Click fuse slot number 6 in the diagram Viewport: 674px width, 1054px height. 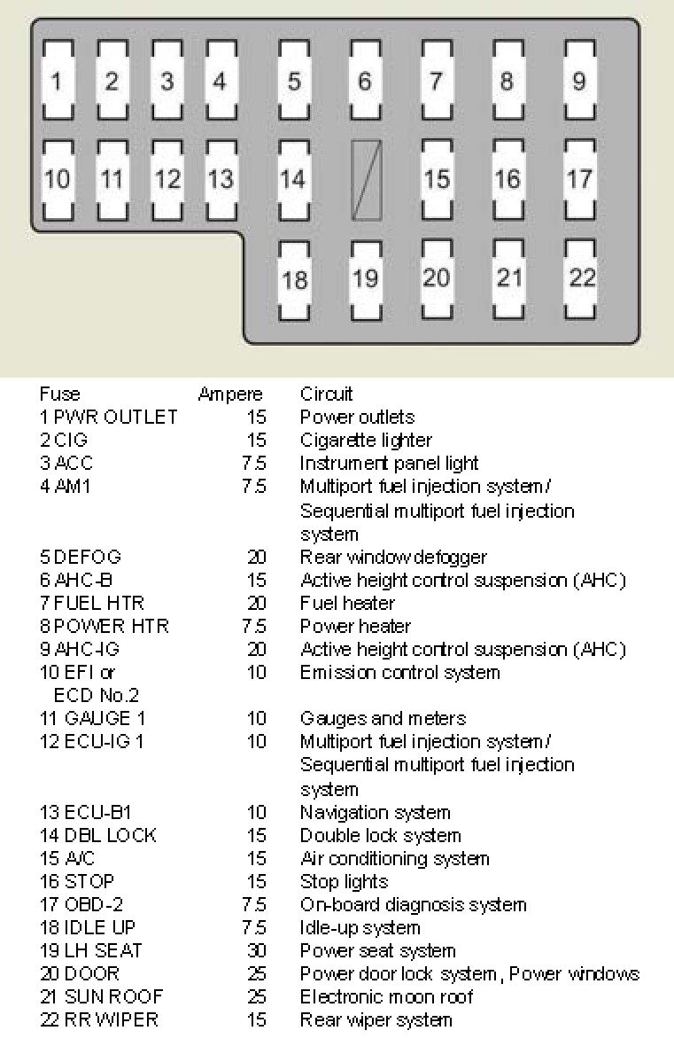[x=365, y=82]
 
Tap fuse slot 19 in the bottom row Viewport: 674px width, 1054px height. [x=365, y=278]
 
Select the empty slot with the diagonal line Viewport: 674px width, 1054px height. [x=367, y=180]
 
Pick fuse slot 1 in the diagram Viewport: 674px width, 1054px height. [x=57, y=82]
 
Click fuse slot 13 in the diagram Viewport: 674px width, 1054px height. [x=221, y=179]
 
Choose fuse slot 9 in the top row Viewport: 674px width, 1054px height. [x=579, y=82]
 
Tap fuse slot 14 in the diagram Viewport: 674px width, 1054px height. [x=293, y=179]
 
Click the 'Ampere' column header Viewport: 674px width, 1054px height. [x=230, y=394]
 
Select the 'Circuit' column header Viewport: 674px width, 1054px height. [x=326, y=394]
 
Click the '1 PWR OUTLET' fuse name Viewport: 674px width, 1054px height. [x=108, y=418]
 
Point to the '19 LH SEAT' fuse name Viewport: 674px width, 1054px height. [x=90, y=951]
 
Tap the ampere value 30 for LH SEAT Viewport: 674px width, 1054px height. [x=256, y=951]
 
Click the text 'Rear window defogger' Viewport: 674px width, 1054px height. [x=393, y=558]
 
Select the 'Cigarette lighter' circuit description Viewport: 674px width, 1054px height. [x=366, y=441]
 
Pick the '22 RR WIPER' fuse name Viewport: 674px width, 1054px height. [x=98, y=1020]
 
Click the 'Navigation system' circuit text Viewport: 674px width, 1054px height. [x=375, y=813]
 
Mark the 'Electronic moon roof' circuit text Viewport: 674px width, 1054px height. [x=386, y=997]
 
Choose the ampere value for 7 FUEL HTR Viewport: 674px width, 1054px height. [x=256, y=604]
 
